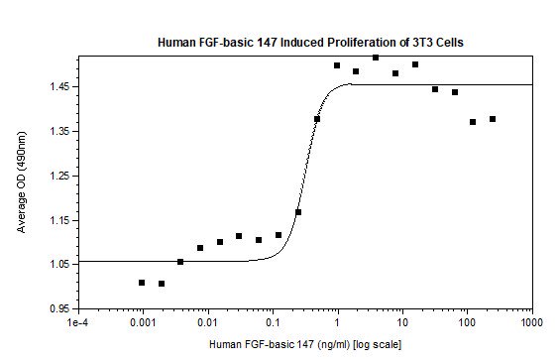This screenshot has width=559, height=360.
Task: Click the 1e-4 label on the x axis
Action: (77, 322)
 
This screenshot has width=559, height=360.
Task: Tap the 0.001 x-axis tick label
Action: (142, 322)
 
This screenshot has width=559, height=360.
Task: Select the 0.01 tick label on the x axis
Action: (207, 322)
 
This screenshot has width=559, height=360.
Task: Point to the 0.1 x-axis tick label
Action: (273, 322)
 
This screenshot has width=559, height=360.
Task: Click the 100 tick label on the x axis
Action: (467, 322)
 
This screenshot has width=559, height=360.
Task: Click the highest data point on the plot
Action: (376, 58)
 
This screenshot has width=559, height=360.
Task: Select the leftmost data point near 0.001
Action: (142, 283)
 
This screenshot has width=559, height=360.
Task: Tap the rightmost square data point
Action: (493, 119)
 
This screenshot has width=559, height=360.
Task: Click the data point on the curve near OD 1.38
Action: (317, 119)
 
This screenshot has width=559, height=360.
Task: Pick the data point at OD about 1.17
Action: (298, 212)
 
